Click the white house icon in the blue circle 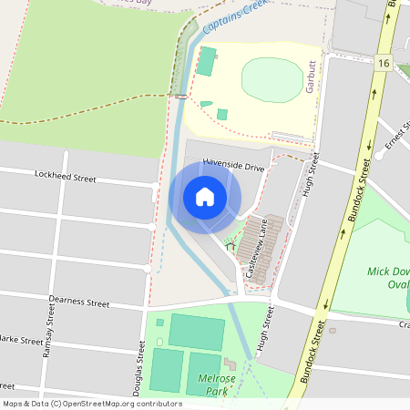[x=205, y=196]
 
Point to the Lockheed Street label [x=65, y=174]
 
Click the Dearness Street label [x=79, y=302]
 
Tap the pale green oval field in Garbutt [x=272, y=80]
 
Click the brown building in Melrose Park [x=229, y=365]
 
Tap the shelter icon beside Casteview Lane [x=229, y=243]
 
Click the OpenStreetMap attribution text [x=92, y=403]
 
